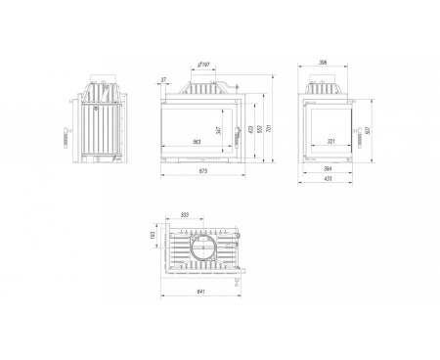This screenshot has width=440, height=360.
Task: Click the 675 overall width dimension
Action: click(x=202, y=173)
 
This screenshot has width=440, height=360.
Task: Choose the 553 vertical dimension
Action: click(x=259, y=129)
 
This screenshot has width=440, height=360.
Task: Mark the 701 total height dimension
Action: click(x=270, y=127)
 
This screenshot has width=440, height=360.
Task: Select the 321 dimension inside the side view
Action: click(x=330, y=143)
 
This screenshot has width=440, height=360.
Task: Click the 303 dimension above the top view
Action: click(x=185, y=216)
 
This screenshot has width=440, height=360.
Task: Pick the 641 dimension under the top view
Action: click(x=201, y=292)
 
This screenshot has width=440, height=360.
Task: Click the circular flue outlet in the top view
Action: click(x=205, y=247)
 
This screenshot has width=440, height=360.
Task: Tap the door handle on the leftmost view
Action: click(x=66, y=134)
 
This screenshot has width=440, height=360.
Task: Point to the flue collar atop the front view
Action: click(x=202, y=81)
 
